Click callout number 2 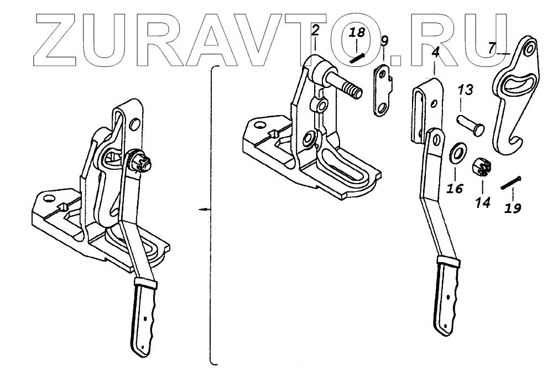click(315, 30)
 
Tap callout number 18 click(357, 33)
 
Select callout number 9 click(385, 40)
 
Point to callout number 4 click(435, 54)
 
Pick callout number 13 click(466, 90)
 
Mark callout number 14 click(483, 202)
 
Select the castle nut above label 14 click(481, 166)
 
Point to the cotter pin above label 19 click(512, 182)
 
